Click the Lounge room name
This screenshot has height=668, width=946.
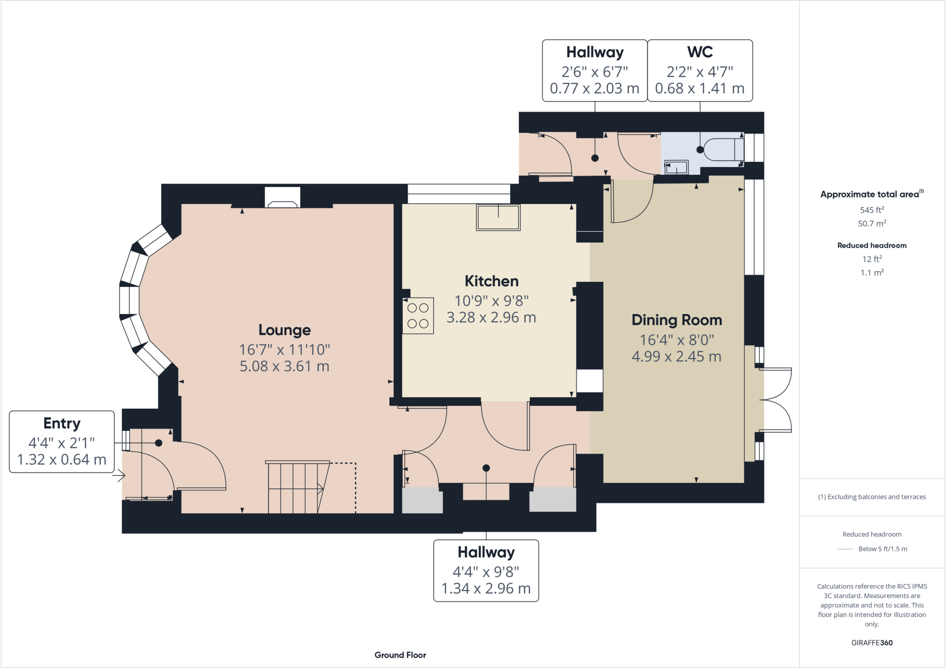pos(284,330)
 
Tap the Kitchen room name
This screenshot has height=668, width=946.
pos(491,281)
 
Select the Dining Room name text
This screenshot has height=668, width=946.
pos(676,320)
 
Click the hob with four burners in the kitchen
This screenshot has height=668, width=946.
pos(418,316)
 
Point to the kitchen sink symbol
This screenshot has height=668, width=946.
pos(498,217)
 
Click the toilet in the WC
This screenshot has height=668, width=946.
pos(723,149)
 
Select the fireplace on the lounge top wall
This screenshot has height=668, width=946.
pos(282,198)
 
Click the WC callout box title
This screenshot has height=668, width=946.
pos(700,52)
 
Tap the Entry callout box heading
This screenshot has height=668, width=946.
pos(62,423)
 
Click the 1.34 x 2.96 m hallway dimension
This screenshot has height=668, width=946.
pos(486,589)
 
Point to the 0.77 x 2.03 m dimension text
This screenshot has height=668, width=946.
pos(594,88)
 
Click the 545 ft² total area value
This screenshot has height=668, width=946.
pos(872,210)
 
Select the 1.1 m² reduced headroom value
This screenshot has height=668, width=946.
pos(872,273)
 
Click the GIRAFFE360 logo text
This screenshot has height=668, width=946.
pos(872,643)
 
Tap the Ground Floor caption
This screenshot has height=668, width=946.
pos(400,655)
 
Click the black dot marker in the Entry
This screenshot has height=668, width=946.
pos(158,443)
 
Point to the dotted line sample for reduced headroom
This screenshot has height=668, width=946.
pos(845,549)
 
